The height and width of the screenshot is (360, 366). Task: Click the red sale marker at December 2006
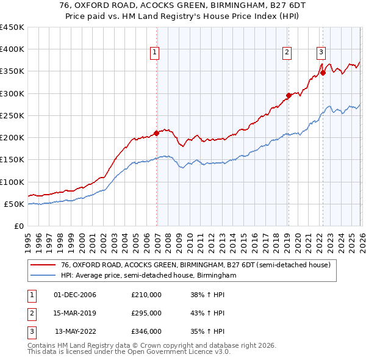(x=157, y=132)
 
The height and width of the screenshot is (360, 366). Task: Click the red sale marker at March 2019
(x=289, y=95)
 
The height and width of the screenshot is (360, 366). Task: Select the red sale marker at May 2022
(x=323, y=73)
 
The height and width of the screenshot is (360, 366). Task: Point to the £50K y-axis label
(x=14, y=204)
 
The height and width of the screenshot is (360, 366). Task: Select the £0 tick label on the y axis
(x=20, y=226)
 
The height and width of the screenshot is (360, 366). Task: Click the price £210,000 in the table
(x=146, y=295)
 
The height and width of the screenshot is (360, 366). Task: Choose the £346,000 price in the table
(x=146, y=331)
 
